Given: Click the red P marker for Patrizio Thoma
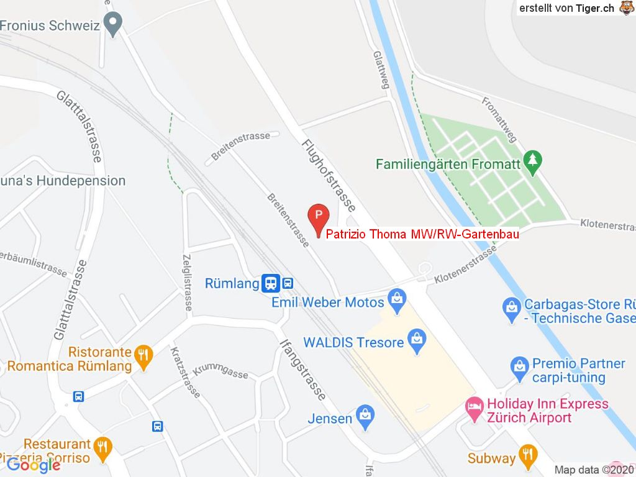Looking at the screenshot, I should [318, 217].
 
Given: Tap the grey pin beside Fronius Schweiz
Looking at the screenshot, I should [112, 25].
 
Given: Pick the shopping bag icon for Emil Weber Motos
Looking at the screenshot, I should [396, 301].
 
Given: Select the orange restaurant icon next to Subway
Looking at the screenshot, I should [529, 457].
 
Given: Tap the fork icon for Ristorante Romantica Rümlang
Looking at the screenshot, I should [144, 357].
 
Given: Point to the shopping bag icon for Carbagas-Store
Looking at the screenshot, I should [512, 309].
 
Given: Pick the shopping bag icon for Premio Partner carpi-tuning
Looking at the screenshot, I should [519, 368].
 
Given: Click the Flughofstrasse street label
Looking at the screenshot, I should [329, 176].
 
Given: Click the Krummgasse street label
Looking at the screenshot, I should [220, 371].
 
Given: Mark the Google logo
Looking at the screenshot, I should [34, 465].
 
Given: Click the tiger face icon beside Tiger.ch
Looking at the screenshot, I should [625, 8].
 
